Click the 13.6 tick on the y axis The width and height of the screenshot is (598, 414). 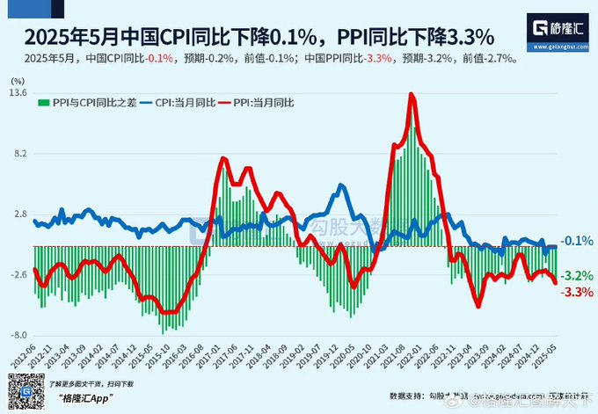tap(19, 93)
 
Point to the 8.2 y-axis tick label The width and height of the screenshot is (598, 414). tap(19, 154)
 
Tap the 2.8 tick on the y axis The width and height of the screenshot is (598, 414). tap(19, 214)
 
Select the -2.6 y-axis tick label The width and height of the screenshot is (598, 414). tap(18, 275)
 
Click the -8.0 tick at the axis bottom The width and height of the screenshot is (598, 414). tap(18, 336)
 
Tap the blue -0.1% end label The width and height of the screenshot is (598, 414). tap(576, 241)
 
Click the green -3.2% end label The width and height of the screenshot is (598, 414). tap(576, 276)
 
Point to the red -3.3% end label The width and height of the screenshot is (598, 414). tap(576, 292)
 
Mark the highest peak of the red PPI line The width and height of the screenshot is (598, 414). tap(412, 94)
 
